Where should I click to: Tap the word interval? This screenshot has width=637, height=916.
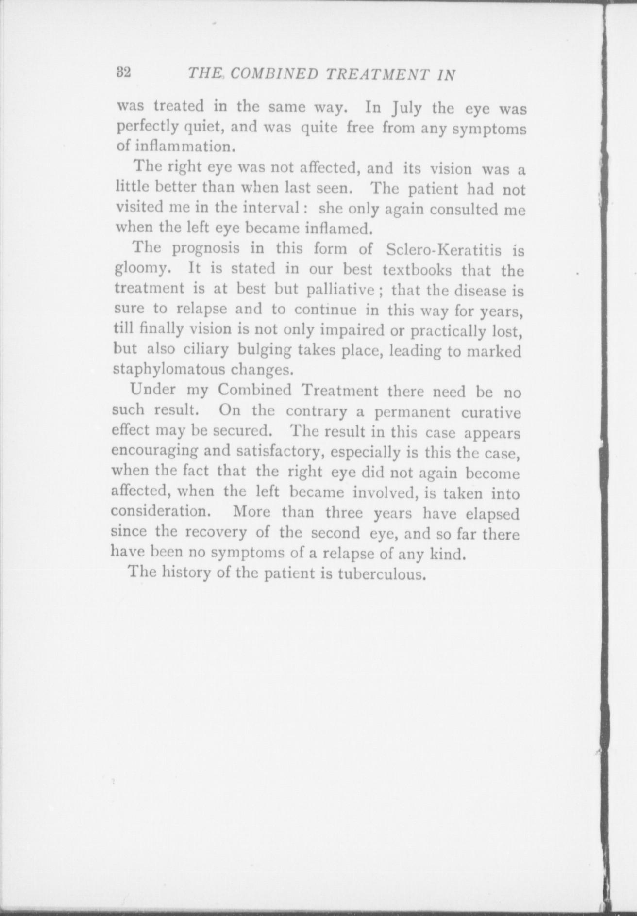273,208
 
